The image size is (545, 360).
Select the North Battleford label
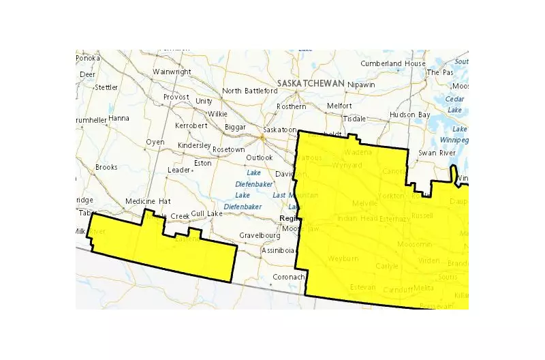(250, 91)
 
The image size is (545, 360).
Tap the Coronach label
(287, 277)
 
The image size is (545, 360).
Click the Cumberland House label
(393, 63)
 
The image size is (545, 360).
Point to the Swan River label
(437, 153)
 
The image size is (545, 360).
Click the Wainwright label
(172, 72)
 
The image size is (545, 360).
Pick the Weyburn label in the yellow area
(342, 260)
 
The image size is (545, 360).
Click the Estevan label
(362, 287)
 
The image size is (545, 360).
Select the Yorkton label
(391, 195)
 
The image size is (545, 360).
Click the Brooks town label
(106, 167)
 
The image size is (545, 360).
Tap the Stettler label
(106, 87)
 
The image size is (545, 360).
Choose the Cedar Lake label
(454, 104)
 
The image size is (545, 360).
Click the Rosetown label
(228, 149)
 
